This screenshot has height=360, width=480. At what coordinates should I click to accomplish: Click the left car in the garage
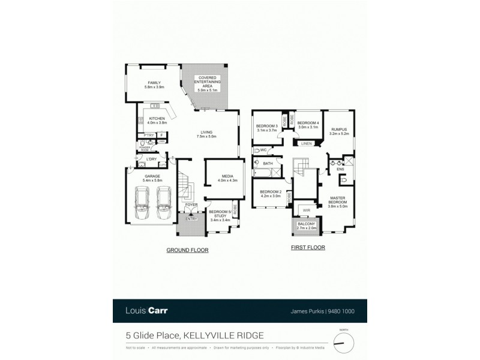142,204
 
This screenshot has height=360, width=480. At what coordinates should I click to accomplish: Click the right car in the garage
165,204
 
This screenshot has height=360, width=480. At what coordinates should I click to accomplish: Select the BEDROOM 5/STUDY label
220,216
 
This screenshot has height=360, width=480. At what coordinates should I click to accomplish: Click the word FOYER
191,205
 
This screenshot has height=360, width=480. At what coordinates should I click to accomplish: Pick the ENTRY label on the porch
191,219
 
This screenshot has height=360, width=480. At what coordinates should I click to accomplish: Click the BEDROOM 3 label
266,127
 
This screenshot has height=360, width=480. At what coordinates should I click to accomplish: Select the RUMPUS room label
339,132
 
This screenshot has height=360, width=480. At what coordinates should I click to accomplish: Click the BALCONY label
307,226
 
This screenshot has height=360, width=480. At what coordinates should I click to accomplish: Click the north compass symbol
344,343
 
